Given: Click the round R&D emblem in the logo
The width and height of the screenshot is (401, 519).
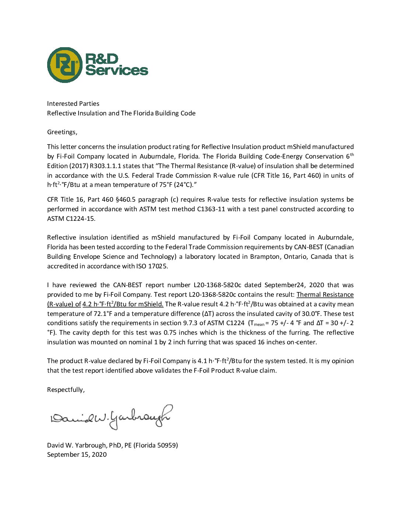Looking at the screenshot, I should click(x=65, y=65).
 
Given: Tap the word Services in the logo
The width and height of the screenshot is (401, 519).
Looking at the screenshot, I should click(x=116, y=70).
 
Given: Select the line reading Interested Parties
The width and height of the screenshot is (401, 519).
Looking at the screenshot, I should click(x=73, y=104).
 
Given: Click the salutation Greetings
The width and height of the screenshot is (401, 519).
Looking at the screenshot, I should click(x=62, y=132).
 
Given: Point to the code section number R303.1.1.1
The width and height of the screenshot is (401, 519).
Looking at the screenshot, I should click(x=105, y=166).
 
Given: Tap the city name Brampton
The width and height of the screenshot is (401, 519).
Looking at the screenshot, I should click(x=265, y=257).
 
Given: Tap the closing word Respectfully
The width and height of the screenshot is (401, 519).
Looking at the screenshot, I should click(x=66, y=390).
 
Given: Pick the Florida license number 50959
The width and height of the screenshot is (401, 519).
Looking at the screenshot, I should click(x=166, y=445).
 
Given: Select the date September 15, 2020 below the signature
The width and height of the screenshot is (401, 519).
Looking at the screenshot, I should click(x=77, y=454).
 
